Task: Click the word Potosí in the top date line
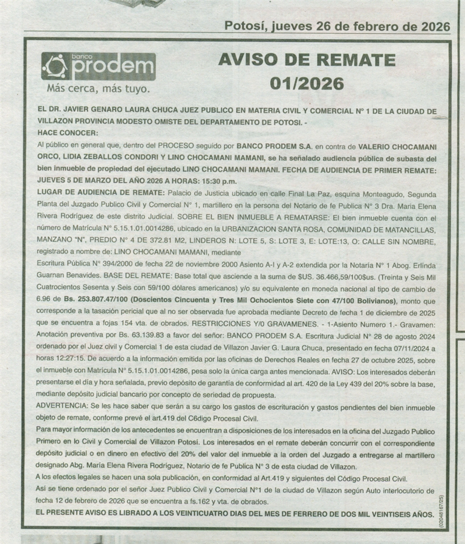pos(246,26)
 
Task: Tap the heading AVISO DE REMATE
pos(307,60)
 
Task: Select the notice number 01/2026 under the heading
pos(307,83)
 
